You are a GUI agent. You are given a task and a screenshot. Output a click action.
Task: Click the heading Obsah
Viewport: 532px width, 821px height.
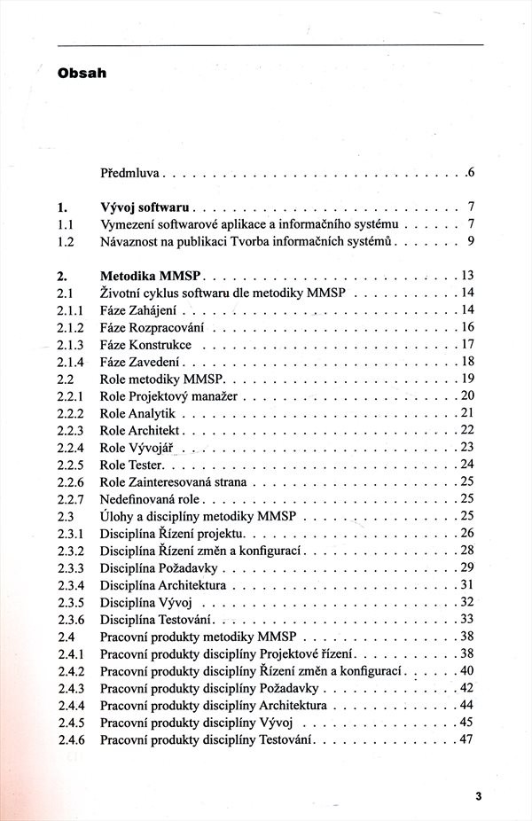tap(82, 74)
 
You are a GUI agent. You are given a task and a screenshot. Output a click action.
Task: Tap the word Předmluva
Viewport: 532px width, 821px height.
tap(129, 170)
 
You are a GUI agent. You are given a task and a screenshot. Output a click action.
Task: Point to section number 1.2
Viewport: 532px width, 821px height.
tap(65, 240)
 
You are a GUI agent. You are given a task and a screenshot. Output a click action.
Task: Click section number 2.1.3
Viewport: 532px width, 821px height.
tap(69, 344)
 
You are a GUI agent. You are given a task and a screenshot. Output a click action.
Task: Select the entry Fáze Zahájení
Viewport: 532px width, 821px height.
tap(138, 309)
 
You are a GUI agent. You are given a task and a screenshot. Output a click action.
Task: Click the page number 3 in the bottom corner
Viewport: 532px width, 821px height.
tap(478, 795)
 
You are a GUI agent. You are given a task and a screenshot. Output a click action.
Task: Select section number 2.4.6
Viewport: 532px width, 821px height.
tap(69, 739)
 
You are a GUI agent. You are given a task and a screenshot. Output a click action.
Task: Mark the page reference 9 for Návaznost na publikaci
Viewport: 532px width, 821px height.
tap(472, 240)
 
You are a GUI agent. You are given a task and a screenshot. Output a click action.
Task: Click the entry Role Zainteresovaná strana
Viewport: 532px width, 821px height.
tap(173, 481)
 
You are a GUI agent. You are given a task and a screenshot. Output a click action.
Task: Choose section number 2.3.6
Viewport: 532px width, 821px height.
tap(69, 619)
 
